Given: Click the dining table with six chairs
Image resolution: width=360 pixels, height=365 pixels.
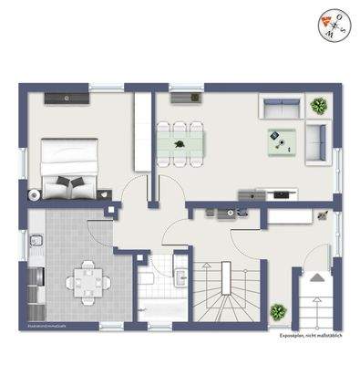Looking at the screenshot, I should (180, 142).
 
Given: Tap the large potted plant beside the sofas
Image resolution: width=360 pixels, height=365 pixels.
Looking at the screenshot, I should (319, 106).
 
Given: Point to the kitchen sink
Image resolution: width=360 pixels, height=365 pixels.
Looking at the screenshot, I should (35, 241).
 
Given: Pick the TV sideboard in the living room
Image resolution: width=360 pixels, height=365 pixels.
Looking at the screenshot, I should (268, 193).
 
